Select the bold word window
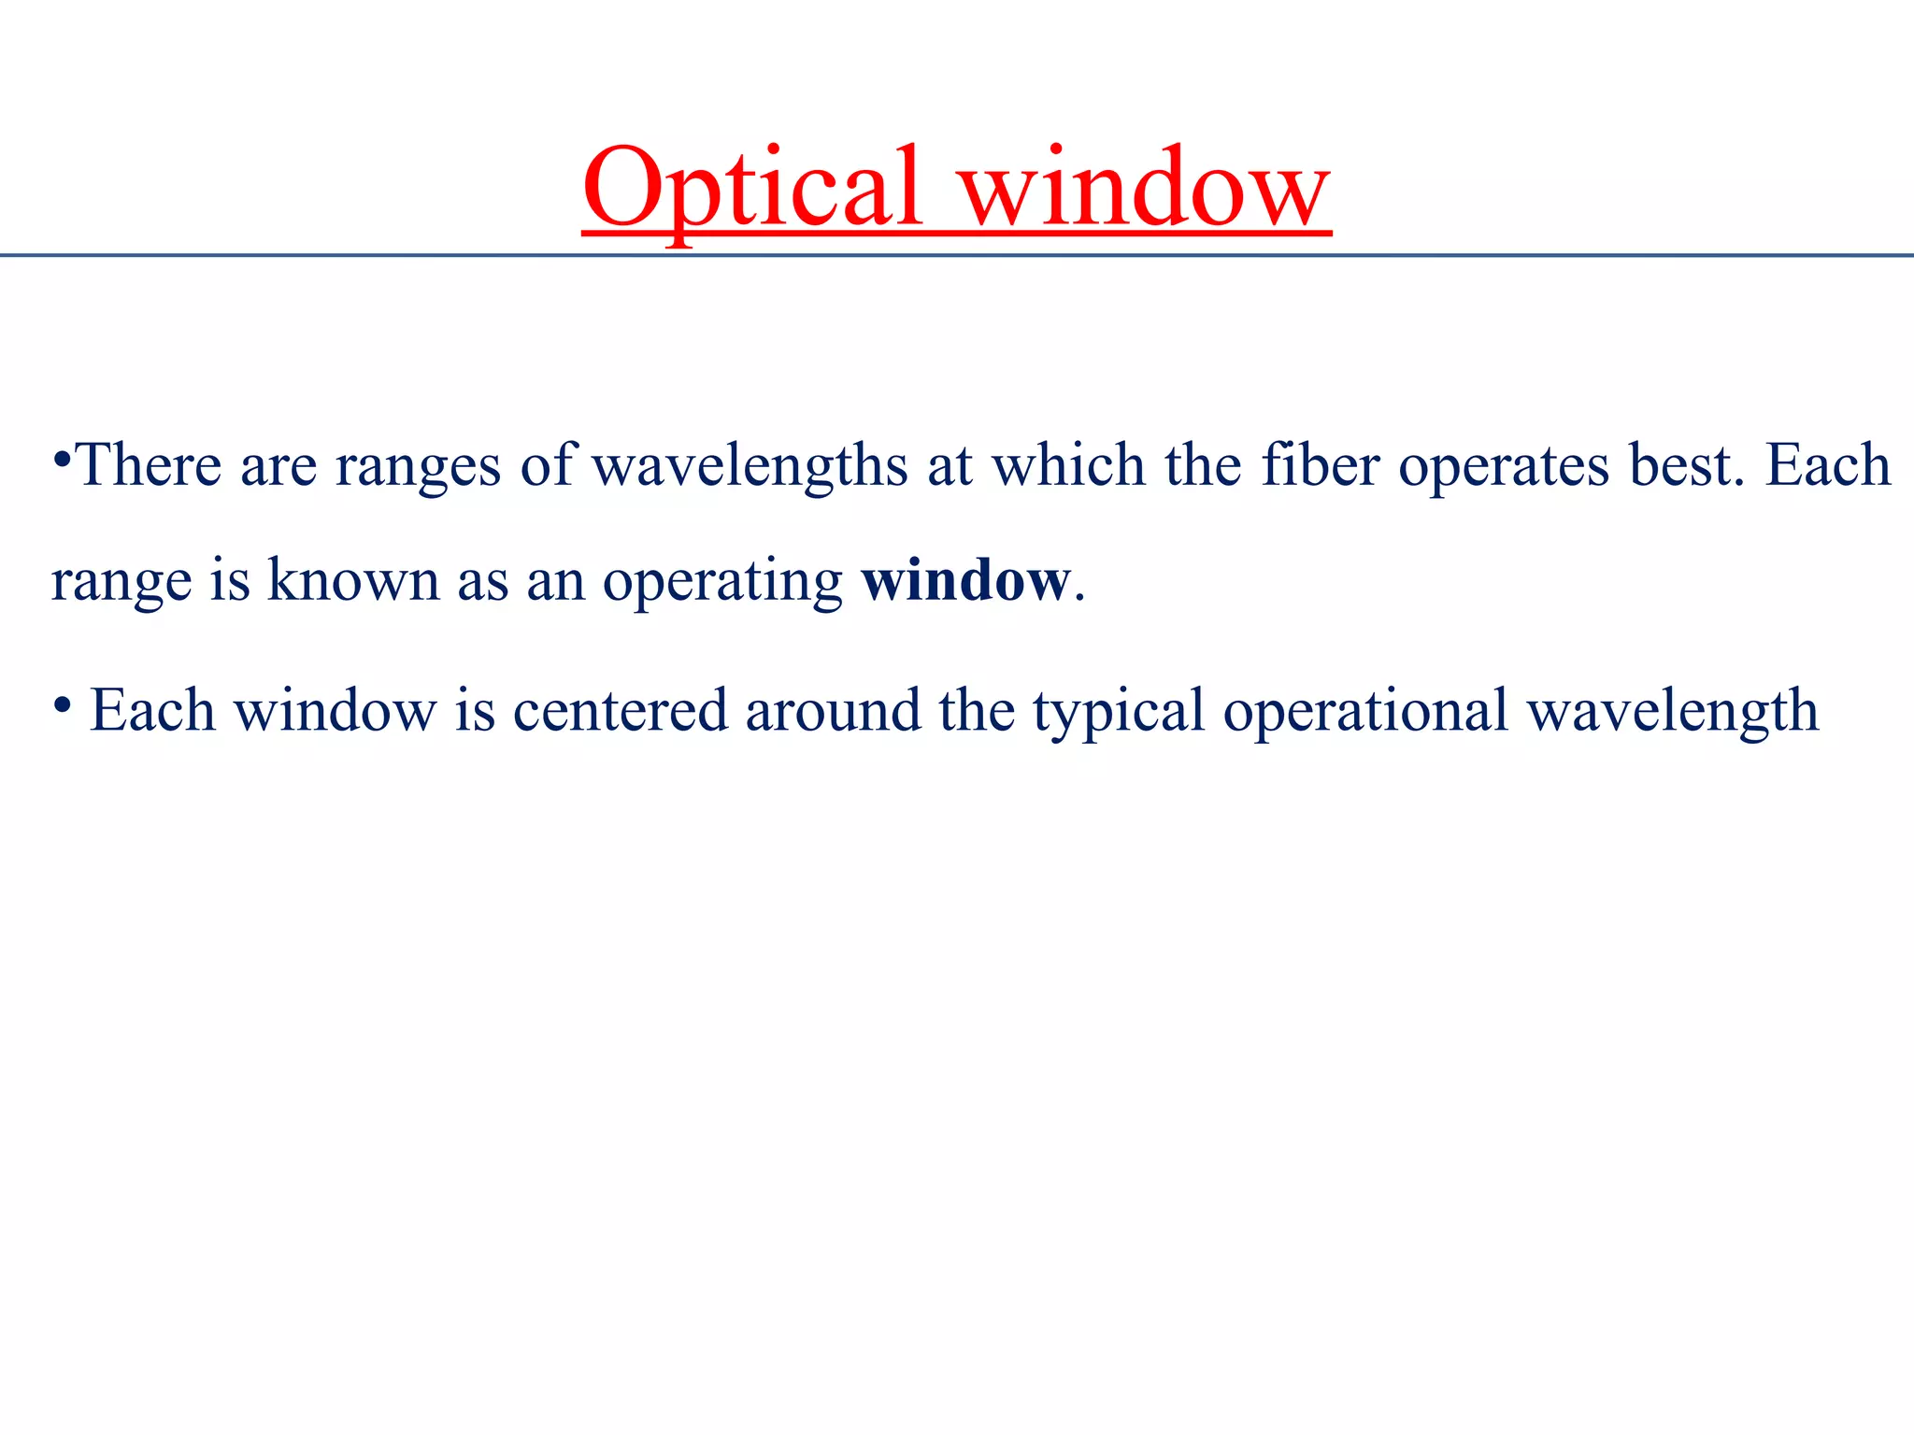(x=965, y=581)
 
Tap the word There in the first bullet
(x=148, y=465)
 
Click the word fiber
(x=1320, y=465)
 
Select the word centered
(x=620, y=711)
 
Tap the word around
(x=833, y=711)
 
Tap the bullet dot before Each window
(x=62, y=704)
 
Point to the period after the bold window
(x=1079, y=598)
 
